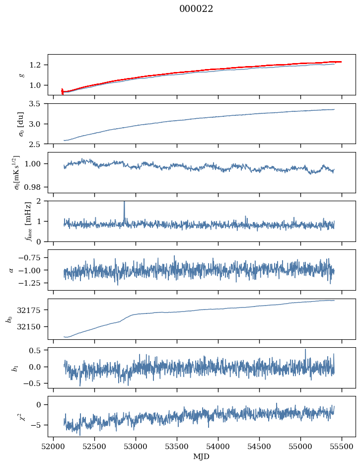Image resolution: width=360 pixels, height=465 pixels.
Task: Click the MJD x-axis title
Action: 202,457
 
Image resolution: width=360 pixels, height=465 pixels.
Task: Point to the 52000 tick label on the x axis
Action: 54,446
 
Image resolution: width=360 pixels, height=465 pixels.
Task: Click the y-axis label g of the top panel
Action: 21,75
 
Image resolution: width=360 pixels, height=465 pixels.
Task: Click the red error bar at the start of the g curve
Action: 62,91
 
